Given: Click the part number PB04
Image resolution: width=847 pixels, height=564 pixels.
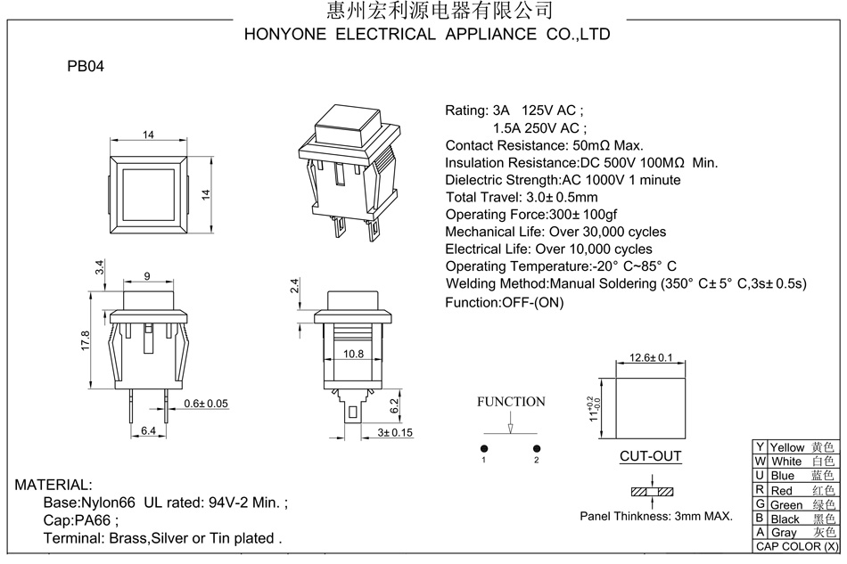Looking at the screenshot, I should pyautogui.click(x=86, y=66).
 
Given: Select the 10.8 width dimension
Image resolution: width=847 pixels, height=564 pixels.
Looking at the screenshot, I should pyautogui.click(x=353, y=354).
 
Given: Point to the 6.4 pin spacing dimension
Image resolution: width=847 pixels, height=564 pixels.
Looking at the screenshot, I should pyautogui.click(x=148, y=431).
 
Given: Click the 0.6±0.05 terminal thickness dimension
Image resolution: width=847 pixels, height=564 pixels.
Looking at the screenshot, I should pyautogui.click(x=205, y=404).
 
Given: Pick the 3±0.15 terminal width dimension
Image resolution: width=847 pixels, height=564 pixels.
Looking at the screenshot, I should pyautogui.click(x=395, y=433).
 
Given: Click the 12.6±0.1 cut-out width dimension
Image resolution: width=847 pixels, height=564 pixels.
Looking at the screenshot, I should pyautogui.click(x=651, y=357).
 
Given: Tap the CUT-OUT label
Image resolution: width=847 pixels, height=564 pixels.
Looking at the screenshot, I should pyautogui.click(x=651, y=457).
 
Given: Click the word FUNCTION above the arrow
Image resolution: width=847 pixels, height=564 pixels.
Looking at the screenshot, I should pyautogui.click(x=511, y=402).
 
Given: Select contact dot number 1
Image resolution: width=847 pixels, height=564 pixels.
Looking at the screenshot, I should pyautogui.click(x=484, y=448).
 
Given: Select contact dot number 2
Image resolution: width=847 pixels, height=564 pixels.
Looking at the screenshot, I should pyautogui.click(x=537, y=448).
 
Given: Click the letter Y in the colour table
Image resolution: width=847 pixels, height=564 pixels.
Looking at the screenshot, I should pyautogui.click(x=760, y=447).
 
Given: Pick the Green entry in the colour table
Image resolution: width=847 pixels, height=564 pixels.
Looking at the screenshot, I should pyautogui.click(x=786, y=505).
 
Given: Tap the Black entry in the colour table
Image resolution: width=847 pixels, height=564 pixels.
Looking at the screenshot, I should pyautogui.click(x=785, y=519).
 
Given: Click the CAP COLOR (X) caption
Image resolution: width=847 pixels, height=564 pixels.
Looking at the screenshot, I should pyautogui.click(x=797, y=546).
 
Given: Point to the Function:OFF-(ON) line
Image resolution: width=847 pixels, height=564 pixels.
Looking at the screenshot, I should pyautogui.click(x=505, y=302).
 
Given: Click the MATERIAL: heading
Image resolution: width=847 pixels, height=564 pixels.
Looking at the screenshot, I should pyautogui.click(x=53, y=486).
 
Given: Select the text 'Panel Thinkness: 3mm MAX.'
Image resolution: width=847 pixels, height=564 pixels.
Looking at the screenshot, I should pyautogui.click(x=656, y=516).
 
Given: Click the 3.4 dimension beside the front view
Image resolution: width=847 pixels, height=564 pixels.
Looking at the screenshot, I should pyautogui.click(x=100, y=267).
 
